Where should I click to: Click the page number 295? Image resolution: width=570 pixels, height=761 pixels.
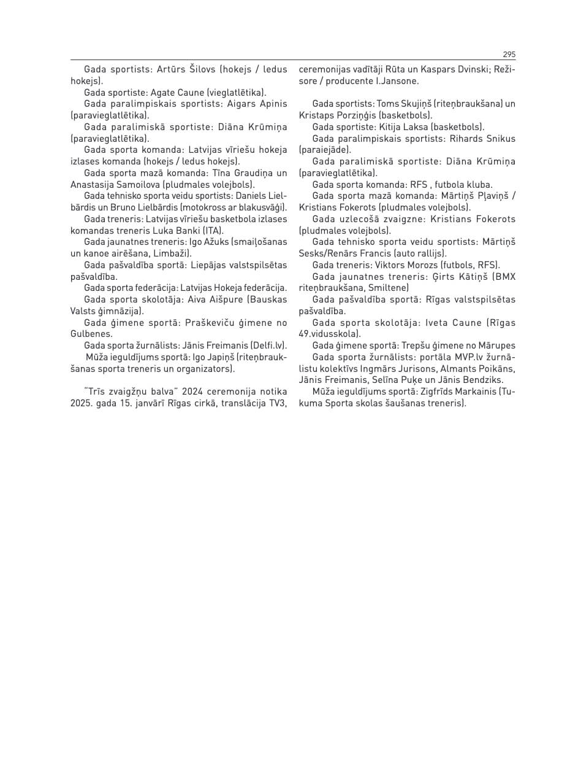point(509,54)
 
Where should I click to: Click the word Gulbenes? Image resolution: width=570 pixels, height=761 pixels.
point(91,334)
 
